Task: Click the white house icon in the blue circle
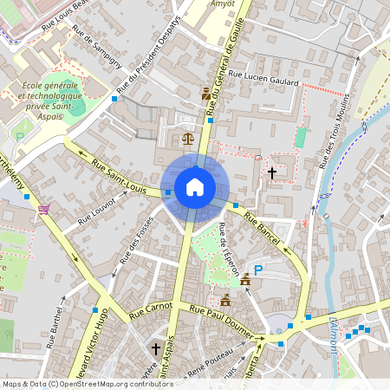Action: pyautogui.click(x=195, y=187)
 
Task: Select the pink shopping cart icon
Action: pyautogui.click(x=43, y=209)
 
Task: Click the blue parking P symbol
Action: pyautogui.click(x=257, y=270)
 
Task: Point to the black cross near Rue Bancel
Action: pyautogui.click(x=271, y=173)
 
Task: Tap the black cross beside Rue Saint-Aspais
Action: pyautogui.click(x=156, y=348)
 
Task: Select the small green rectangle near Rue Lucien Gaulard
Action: pyautogui.click(x=301, y=137)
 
